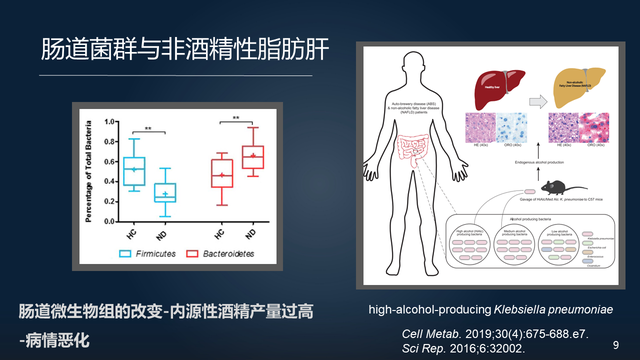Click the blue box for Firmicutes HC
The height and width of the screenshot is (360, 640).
coord(132,171)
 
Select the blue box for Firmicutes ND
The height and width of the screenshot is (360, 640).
coord(165,192)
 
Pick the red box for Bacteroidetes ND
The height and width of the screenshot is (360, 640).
coord(255,158)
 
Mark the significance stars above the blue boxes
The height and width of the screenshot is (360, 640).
coord(148,129)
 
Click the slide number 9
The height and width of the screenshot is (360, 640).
coord(615,343)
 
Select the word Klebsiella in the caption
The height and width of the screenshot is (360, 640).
coord(531,310)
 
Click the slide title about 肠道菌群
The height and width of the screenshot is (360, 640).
coord(184,49)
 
